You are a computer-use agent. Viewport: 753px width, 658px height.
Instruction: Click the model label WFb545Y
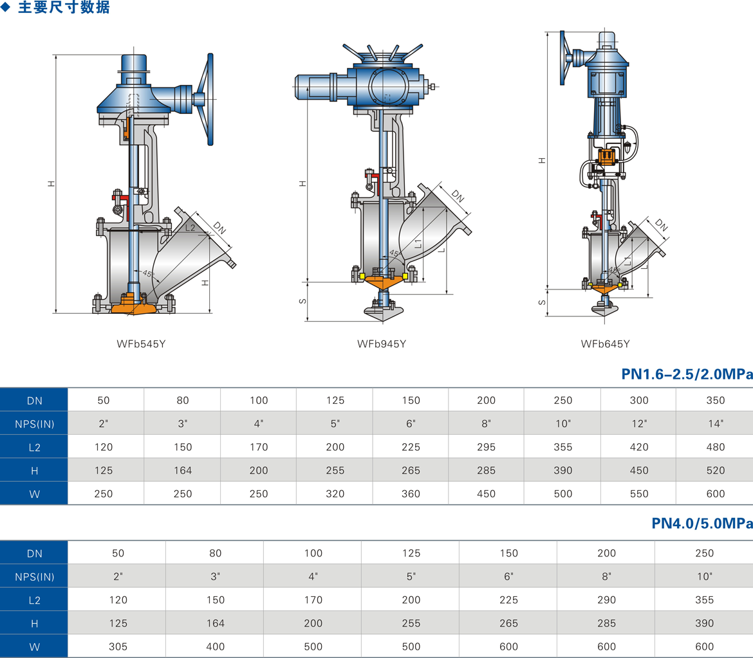point(142,343)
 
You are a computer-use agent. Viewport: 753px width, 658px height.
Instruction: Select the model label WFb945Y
point(382,343)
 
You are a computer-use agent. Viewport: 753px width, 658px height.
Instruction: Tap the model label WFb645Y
point(605,343)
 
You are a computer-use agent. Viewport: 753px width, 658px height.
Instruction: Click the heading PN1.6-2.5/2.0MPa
point(687,374)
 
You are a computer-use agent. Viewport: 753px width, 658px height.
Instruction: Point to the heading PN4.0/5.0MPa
point(702,524)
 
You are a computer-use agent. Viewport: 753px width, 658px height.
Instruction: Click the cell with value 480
point(714,447)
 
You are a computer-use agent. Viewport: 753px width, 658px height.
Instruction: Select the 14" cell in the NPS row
point(714,423)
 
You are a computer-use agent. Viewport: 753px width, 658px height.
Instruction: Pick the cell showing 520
point(714,470)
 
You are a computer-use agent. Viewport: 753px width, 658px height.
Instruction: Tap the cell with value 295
point(487,447)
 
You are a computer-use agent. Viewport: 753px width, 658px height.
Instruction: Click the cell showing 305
point(118,646)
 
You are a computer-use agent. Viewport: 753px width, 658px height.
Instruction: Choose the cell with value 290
point(606,600)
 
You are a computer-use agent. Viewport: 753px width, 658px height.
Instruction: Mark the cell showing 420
point(639,447)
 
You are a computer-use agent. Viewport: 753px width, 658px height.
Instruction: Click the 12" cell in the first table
point(639,423)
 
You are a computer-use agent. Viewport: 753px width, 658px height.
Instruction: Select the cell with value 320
point(335,494)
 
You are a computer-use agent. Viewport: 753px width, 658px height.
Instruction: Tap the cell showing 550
point(639,494)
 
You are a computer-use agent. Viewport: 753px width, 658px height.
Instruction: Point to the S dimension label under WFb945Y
point(303,301)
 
